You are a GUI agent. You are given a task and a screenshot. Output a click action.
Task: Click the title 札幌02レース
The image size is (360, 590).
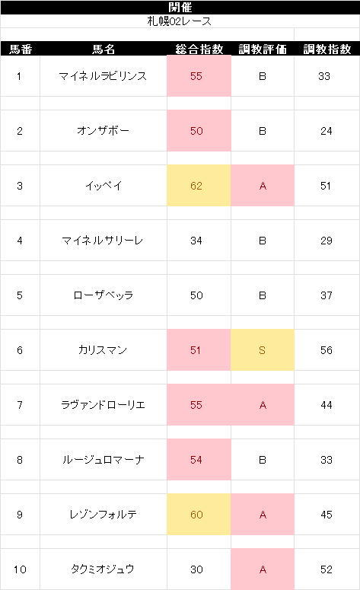pyautogui.click(x=180, y=21)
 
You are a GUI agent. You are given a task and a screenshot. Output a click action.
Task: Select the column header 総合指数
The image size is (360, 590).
pyautogui.click(x=199, y=49)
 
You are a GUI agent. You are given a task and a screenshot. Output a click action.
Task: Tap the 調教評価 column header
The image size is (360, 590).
pyautogui.click(x=263, y=49)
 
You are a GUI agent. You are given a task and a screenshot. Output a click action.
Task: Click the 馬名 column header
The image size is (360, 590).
pyautogui.click(x=104, y=49)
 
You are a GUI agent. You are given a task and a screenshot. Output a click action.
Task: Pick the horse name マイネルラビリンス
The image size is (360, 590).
pyautogui.click(x=103, y=76)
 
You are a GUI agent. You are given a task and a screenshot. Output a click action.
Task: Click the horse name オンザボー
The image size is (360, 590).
pyautogui.click(x=103, y=131)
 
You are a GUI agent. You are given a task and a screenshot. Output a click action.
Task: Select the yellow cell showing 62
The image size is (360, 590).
pyautogui.click(x=199, y=186)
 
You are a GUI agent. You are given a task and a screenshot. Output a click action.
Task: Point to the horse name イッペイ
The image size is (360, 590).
pyautogui.click(x=104, y=186)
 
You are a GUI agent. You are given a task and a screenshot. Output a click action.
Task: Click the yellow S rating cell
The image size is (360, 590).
pyautogui.click(x=263, y=350)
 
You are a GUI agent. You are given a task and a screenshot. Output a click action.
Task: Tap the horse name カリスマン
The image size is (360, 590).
pyautogui.click(x=103, y=350)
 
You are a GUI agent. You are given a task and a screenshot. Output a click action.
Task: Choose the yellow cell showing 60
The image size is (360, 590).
pyautogui.click(x=199, y=515)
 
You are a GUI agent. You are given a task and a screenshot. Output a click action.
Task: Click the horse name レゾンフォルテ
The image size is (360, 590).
pyautogui.click(x=103, y=515)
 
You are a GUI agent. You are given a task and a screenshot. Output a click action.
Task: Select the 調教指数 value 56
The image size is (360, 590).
pyautogui.click(x=327, y=350)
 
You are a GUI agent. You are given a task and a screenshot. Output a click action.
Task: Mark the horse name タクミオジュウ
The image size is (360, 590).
pyautogui.click(x=103, y=569)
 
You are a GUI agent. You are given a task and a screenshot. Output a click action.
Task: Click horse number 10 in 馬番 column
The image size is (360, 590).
pyautogui.click(x=20, y=569)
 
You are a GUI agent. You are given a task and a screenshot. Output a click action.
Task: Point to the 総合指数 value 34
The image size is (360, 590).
pyautogui.click(x=196, y=241)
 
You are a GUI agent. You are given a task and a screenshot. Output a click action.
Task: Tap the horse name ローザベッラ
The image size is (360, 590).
pyautogui.click(x=103, y=295)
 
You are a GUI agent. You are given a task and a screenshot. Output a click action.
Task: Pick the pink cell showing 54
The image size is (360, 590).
pyautogui.click(x=199, y=459)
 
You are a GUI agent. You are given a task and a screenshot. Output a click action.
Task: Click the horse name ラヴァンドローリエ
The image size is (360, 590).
pyautogui.click(x=103, y=405)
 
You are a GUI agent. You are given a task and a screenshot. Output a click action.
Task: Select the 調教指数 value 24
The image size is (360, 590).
pyautogui.click(x=327, y=131)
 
